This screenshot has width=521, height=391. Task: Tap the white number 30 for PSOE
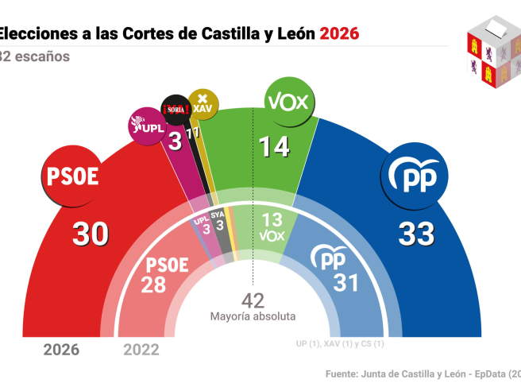pyautogui.click(x=91, y=233)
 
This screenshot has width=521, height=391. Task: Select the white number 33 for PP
pyautogui.click(x=416, y=233)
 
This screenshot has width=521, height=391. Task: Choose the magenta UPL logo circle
pyautogui.click(x=147, y=126)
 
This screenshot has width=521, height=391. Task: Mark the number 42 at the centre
pyautogui.click(x=253, y=300)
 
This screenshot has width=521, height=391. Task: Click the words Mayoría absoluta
pyautogui.click(x=253, y=316)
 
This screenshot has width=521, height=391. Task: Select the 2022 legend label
pyautogui.click(x=141, y=349)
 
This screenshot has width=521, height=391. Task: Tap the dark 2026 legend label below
pyautogui.click(x=61, y=349)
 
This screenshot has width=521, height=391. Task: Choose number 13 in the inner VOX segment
pyautogui.click(x=272, y=219)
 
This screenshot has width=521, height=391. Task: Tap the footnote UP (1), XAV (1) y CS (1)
pyautogui.click(x=339, y=344)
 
